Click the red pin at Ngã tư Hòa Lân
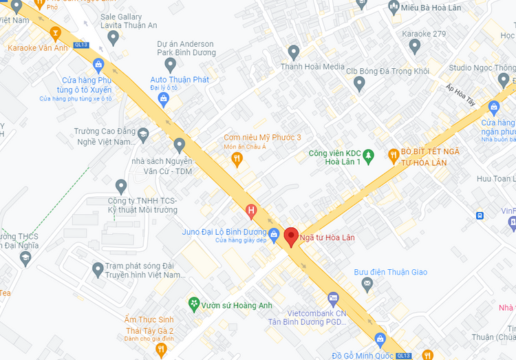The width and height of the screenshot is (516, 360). [x=290, y=236]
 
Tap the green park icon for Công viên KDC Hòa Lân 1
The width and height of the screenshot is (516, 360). [x=368, y=156]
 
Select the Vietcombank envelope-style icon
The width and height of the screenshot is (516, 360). [x=333, y=299]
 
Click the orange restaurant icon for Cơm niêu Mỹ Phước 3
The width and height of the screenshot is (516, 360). [x=237, y=160]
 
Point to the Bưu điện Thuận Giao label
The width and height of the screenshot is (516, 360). [x=390, y=272]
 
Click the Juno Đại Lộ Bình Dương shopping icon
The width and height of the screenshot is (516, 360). [x=274, y=233]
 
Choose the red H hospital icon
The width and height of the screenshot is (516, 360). [x=252, y=209]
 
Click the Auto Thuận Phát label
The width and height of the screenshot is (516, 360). [x=180, y=79]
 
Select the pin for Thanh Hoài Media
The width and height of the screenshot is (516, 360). [x=294, y=52]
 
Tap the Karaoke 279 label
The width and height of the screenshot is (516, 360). [x=424, y=33]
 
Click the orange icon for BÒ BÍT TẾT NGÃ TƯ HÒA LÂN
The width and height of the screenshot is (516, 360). [x=394, y=156]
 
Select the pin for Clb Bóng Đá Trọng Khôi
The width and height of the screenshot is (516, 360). [x=359, y=84]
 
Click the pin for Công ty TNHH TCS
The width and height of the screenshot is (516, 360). [x=121, y=186]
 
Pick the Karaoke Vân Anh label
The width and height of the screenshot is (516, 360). [x=37, y=48]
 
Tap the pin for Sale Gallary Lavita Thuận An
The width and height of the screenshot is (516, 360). [x=114, y=36]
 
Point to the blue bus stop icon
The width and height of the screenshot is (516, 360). [x=479, y=215]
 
